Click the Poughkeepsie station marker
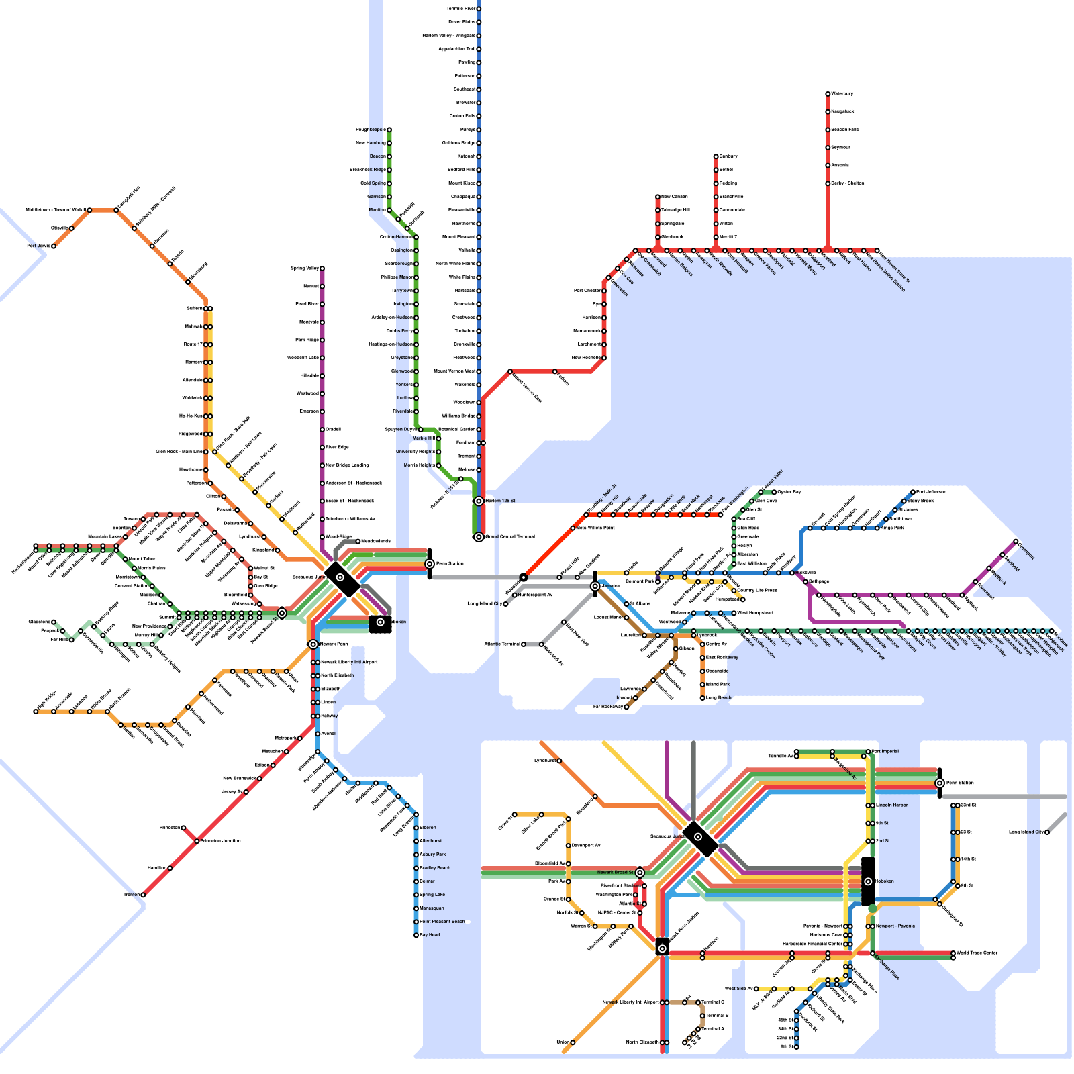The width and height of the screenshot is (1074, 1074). coord(389,130)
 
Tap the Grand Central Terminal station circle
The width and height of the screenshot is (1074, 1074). coord(479,537)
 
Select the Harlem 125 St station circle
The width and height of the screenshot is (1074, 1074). coord(479,501)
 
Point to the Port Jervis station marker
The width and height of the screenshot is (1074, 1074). coord(54,246)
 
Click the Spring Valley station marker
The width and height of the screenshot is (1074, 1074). coord(322,268)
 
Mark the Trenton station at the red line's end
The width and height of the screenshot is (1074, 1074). coord(143,895)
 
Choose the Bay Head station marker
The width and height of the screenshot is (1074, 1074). coord(416,935)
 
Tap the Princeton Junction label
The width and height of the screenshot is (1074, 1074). coord(222,841)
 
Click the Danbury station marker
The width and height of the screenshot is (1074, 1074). coord(716,156)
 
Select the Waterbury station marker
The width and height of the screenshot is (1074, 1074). coord(828,94)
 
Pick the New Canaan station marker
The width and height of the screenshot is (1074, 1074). coord(658,197)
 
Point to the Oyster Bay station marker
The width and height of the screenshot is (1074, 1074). coord(774,492)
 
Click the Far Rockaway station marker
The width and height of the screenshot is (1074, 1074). coord(626,707)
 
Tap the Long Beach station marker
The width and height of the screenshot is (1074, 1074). coord(702,698)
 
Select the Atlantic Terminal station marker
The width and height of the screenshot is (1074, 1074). coord(524,644)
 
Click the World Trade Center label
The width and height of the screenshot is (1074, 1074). coord(977,953)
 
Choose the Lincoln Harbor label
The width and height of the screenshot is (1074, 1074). coord(892,805)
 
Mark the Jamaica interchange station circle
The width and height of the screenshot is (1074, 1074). coord(595,586)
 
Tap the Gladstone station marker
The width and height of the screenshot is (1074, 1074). coord(54,622)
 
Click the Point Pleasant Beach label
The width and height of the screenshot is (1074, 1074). coord(442,922)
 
